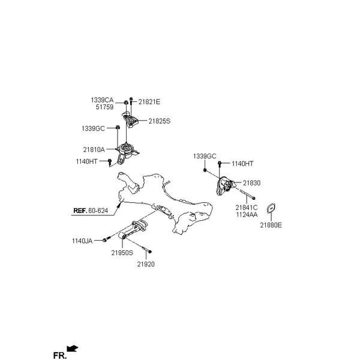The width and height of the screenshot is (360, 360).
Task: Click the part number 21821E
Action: pos(149,102)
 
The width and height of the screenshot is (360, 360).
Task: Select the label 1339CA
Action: pos(102,100)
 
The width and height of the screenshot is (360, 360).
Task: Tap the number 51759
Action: pos(104,107)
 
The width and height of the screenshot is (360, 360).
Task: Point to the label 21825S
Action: pos(160,121)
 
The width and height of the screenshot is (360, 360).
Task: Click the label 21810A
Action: pos(94,149)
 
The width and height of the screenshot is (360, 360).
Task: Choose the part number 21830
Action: pos(251,183)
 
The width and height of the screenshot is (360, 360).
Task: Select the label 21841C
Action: pos(247,208)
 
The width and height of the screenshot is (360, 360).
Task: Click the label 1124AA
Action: pos(247,215)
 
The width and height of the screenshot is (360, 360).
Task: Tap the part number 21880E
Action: pos(271,225)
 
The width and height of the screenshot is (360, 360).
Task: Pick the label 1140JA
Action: pos(82,241)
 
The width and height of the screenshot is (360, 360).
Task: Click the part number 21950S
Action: pos(122,253)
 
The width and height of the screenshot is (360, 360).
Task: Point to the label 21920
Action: pos(146,264)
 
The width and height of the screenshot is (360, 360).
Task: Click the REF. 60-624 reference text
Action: pos(91,211)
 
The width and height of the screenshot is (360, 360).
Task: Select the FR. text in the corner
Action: pos(59,355)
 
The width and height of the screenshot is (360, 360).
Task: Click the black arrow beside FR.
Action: pos(73,349)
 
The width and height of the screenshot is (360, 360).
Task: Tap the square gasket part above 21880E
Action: pos(271,208)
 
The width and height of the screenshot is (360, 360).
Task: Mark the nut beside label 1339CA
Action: pos(126,103)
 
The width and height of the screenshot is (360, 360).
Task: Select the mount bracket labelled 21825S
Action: pos(130,119)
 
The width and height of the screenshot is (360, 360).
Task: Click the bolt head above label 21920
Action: pos(149,252)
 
